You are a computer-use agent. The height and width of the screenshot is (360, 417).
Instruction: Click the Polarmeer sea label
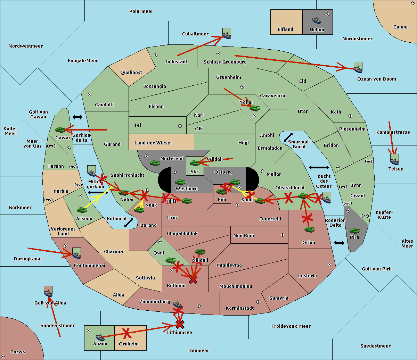141,11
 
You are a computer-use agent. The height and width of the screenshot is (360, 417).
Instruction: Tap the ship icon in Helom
317,20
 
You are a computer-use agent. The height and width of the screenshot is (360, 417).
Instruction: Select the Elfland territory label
285,30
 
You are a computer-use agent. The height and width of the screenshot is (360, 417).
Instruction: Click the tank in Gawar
60,130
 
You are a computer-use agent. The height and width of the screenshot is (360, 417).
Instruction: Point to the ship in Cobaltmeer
227,34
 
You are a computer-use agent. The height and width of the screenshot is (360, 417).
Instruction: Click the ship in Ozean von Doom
358,68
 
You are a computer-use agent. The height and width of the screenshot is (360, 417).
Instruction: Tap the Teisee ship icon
394,160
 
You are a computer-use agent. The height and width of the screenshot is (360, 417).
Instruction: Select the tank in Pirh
354,231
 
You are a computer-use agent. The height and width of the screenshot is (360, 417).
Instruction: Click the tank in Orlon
309,229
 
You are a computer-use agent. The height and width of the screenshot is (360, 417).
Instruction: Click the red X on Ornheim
126,333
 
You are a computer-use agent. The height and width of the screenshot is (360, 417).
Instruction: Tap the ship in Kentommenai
76,254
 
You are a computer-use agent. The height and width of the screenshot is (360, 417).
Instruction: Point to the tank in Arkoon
82,210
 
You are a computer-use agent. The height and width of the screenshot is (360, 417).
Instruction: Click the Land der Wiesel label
153,143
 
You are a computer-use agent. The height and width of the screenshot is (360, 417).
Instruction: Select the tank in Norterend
155,163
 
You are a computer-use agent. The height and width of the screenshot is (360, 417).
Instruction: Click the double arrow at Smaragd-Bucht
288,137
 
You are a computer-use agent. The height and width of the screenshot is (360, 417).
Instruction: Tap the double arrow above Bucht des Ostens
319,168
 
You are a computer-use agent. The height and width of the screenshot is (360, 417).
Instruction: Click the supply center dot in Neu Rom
283,235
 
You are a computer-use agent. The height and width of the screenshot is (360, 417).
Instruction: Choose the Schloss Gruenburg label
225,62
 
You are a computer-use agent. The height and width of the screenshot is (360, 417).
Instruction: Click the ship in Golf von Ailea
48,293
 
